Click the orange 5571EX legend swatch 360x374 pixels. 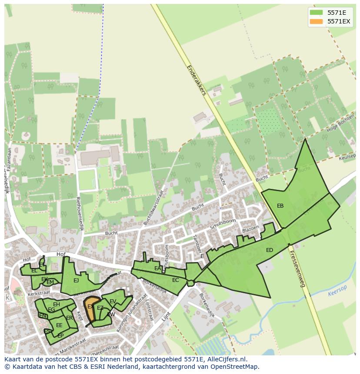coord(317,21)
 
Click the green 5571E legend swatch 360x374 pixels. coord(317,13)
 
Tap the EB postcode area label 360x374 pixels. coord(280,206)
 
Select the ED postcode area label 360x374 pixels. coord(270,250)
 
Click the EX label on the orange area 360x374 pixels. coord(90,307)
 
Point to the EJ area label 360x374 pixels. coord(76,281)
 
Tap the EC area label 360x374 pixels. coord(175,280)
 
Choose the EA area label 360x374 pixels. coord(157,268)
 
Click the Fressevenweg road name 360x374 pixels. coord(297,269)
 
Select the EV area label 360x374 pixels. coord(113,301)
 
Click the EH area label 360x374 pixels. coord(57,304)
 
